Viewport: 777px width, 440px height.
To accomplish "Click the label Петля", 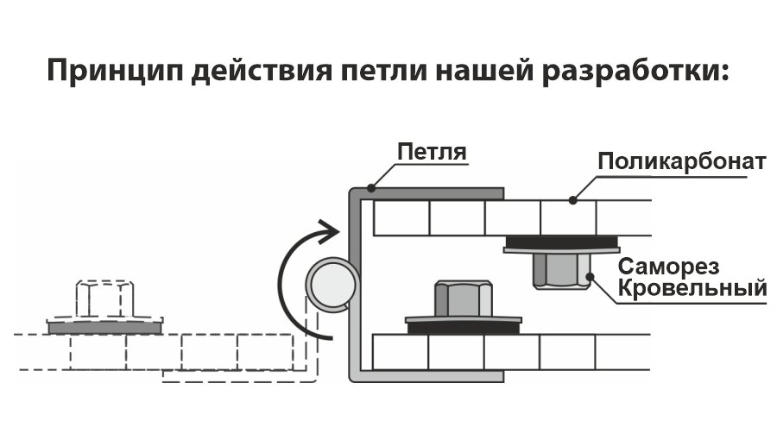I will (431, 154).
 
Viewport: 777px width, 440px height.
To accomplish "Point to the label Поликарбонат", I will (681, 162).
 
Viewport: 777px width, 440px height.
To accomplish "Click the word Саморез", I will (681, 266).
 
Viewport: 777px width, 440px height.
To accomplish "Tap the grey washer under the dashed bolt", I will (105, 328).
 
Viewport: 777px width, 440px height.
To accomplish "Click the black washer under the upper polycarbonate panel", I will (561, 241).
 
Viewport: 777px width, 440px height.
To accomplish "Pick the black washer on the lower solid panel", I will (464, 326).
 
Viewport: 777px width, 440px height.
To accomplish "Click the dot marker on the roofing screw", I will (591, 277).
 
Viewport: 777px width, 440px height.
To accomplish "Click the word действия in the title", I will (258, 72).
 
